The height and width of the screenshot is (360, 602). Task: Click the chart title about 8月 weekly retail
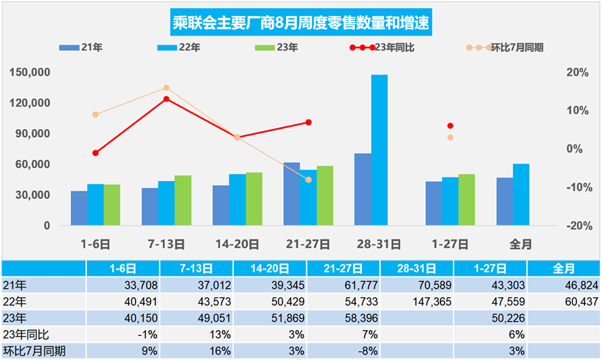pyautogui.click(x=301, y=23)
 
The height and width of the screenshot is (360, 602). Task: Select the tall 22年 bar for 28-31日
pyautogui.click(x=379, y=150)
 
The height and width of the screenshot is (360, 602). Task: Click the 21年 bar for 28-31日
pyautogui.click(x=363, y=189)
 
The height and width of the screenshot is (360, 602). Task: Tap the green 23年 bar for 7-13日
pyautogui.click(x=183, y=200)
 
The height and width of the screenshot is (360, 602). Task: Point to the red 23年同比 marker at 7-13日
pyautogui.click(x=166, y=99)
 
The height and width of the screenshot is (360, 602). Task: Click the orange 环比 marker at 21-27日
pyautogui.click(x=308, y=180)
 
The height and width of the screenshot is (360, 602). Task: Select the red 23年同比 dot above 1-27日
pyautogui.click(x=450, y=126)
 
